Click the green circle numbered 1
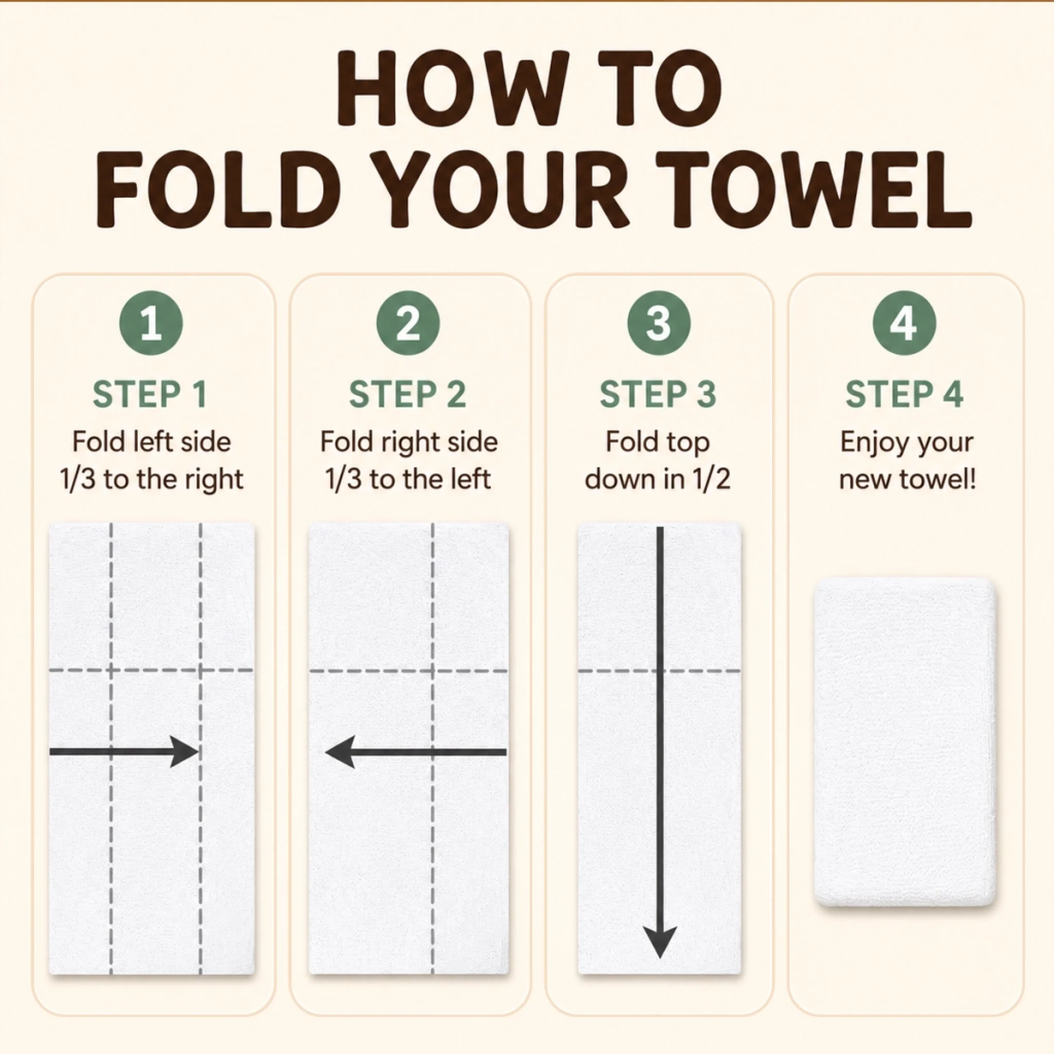point(151,324)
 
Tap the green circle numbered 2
point(408,324)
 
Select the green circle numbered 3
point(658,324)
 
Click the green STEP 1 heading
point(150,394)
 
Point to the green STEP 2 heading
point(408,394)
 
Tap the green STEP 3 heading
point(657,394)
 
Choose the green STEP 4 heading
point(904,394)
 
